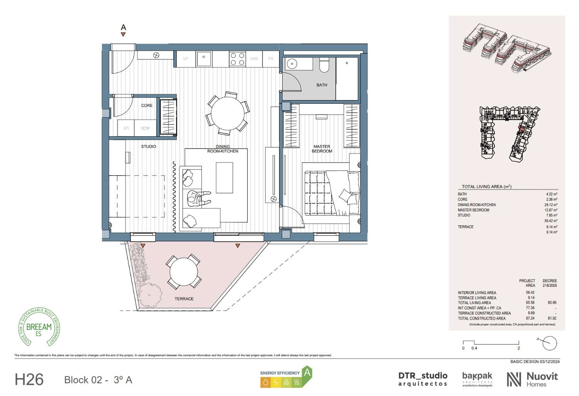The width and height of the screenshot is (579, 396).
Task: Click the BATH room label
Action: pos(322,85)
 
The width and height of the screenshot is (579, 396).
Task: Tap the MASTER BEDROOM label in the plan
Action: pos(322,149)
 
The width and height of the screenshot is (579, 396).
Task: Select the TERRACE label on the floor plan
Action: pos(184,299)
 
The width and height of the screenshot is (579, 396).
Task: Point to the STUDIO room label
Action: pos(148,147)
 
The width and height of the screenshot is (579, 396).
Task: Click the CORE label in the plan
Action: pos(147,105)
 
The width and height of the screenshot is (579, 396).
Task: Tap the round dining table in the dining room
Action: pos(227,114)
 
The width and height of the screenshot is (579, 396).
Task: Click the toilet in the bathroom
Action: pos(324,66)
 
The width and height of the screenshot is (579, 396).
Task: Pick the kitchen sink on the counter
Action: pos(203,59)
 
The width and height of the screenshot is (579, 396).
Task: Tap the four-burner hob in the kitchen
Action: pos(237,59)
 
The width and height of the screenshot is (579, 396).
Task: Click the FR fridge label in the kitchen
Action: pos(271,59)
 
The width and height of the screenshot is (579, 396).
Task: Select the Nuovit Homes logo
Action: pos(532,379)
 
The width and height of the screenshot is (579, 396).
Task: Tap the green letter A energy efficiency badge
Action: pos(307,373)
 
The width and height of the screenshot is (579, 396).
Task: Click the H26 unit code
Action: pos(29,380)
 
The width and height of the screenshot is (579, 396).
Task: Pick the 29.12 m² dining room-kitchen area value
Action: pos(552,205)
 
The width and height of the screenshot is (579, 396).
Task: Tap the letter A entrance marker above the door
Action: pos(124,27)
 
